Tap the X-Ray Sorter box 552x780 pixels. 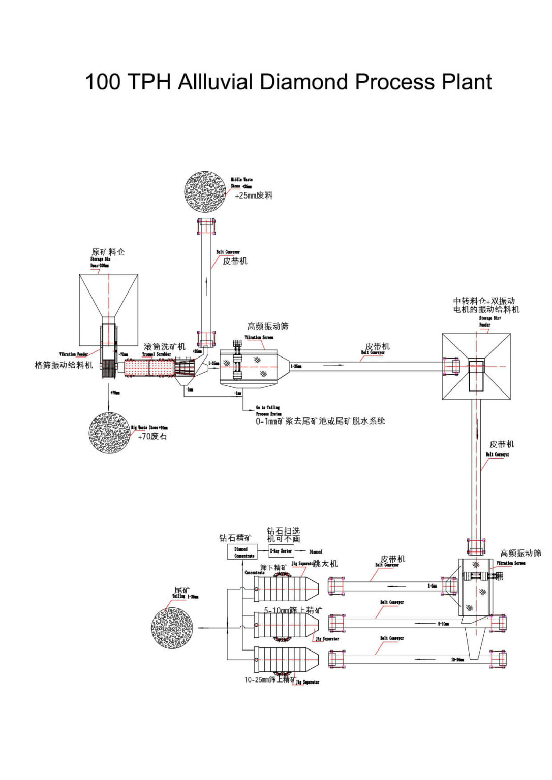coord(281,551)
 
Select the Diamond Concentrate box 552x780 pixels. coord(241,552)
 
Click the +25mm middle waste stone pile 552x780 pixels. coord(205,191)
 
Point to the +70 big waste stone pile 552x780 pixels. coord(109,433)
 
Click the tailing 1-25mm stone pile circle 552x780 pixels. coord(172,628)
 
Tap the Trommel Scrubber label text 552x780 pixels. coord(156,354)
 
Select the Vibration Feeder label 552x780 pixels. coord(74,354)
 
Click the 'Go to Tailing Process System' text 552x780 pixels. coord(268,410)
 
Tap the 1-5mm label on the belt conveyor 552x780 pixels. coord(432,586)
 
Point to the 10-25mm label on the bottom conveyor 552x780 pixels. coord(457,660)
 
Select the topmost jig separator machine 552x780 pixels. coord(286,589)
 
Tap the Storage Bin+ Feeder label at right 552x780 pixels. coord(489,321)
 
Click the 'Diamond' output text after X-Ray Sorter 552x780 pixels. coord(316,551)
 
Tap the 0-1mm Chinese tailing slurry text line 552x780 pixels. coord(320,421)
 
